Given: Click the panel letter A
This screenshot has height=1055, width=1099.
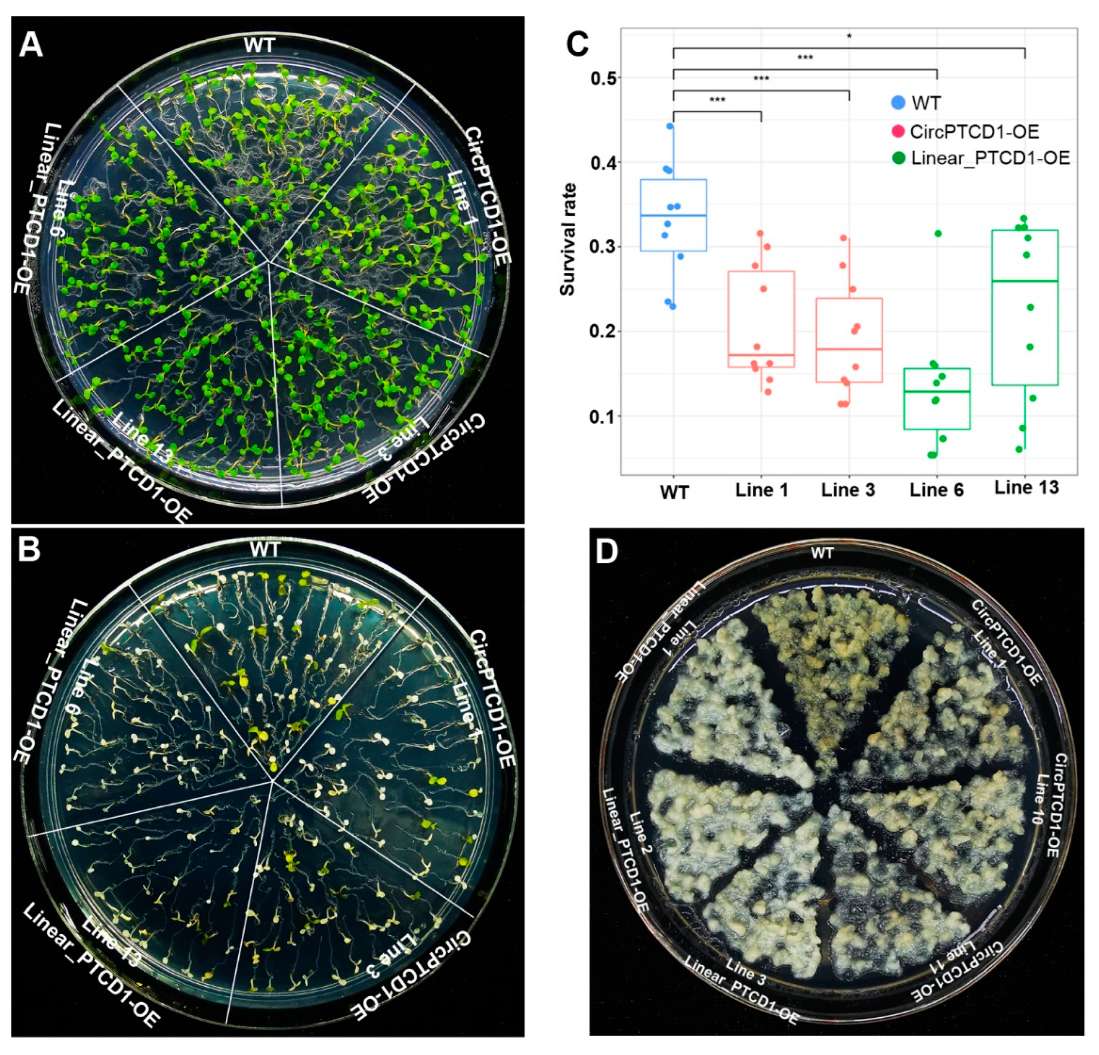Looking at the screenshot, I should tap(31, 44).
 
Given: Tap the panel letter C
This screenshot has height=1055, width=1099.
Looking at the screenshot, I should tap(577, 44).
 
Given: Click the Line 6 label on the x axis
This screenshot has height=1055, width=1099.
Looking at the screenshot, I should tap(936, 490).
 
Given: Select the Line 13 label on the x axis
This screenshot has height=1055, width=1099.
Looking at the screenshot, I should tap(1026, 487).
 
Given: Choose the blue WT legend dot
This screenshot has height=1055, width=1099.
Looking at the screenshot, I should tap(899, 103).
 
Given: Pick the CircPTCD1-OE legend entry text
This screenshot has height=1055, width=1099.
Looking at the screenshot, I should tap(975, 131).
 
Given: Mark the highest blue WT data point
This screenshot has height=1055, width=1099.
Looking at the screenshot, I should tap(670, 126).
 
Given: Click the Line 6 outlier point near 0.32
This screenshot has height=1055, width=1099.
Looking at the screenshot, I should tap(938, 234).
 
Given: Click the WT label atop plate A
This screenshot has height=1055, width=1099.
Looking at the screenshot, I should tap(259, 45).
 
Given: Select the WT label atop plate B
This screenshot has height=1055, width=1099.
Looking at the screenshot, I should tap(265, 549).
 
